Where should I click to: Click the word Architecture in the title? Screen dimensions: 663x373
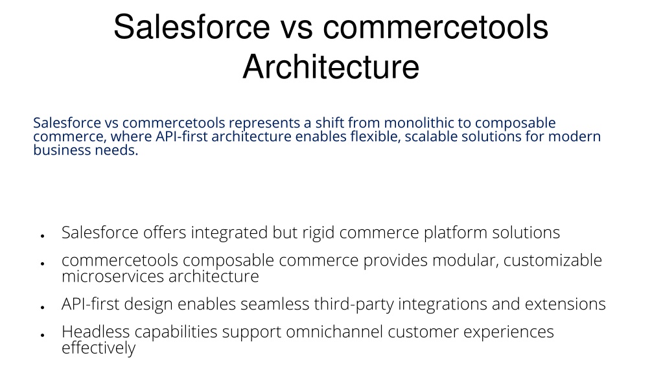point(331,66)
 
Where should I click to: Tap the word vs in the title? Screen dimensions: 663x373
point(296,27)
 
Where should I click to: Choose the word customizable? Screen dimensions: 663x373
point(553,260)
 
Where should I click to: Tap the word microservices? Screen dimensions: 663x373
point(113,277)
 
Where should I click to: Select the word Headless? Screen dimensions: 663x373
point(95,332)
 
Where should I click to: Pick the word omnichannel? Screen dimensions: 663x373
point(334,332)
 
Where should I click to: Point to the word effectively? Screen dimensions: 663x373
point(99,348)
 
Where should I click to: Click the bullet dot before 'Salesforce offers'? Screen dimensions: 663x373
point(43,236)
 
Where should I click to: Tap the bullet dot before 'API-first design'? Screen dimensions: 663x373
point(43,308)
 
